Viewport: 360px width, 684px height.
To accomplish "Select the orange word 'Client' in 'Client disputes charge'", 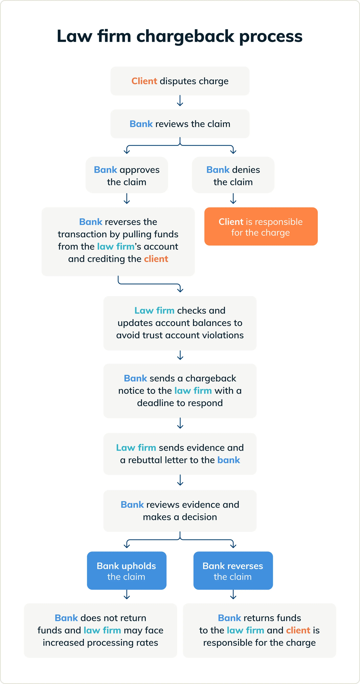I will [144, 81].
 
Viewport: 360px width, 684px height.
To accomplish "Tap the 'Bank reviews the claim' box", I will [180, 124].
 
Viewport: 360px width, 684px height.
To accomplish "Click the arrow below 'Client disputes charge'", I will [180, 101].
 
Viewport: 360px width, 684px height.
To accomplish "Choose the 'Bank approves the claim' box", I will [127, 175].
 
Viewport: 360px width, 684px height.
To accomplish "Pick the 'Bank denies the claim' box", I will [233, 175].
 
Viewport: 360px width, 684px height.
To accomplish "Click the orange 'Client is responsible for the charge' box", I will [261, 226].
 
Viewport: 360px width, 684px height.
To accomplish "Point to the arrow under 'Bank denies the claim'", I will [233, 199].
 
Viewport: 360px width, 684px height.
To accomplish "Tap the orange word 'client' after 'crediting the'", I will [156, 259].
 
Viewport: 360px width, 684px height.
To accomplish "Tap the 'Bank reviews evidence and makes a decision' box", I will [180, 511].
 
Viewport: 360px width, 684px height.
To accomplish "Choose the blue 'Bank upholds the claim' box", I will [127, 571].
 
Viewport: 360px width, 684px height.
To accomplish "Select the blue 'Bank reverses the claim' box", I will [233, 571].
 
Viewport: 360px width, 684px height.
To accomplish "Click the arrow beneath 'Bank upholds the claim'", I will [127, 595].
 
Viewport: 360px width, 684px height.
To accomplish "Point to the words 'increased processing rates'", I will [100, 643].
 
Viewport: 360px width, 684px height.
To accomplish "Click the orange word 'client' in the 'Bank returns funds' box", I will [298, 630].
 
